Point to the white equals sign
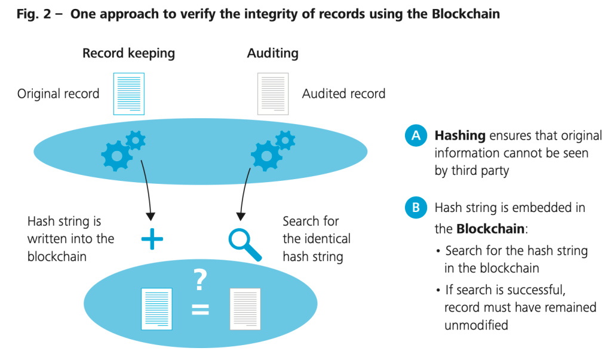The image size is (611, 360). click(x=200, y=309)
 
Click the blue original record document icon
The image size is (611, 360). click(x=128, y=94)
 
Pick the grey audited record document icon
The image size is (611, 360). click(x=273, y=94)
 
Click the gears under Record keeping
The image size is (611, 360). click(x=123, y=149)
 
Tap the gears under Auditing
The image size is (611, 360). click(x=272, y=149)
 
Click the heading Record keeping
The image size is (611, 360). click(x=128, y=53)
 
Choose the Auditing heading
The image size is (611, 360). click(x=272, y=53)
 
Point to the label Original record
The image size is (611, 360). click(x=58, y=94)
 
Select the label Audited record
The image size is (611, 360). click(x=343, y=94)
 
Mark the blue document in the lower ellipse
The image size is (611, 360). click(x=156, y=309)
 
